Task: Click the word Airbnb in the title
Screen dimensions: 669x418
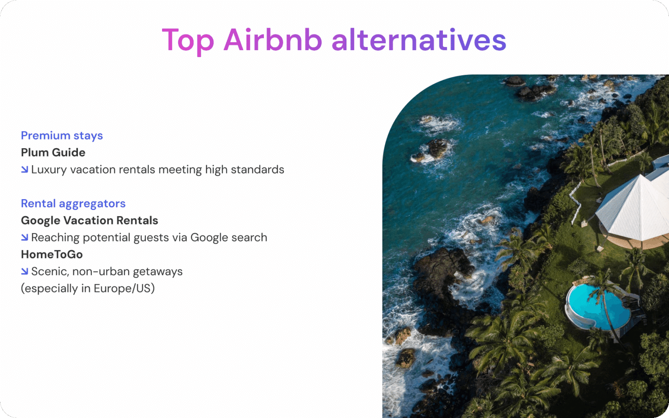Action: [x=273, y=40]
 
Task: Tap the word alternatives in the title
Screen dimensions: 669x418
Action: [x=419, y=40]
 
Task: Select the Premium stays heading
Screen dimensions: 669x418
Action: [x=62, y=136]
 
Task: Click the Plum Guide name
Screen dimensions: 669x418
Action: [x=53, y=153]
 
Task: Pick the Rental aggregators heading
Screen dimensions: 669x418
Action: [x=73, y=204]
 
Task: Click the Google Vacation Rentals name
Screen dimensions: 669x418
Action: [x=90, y=221]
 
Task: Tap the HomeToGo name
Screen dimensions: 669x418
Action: [x=52, y=255]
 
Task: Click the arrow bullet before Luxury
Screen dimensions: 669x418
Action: [x=24, y=170]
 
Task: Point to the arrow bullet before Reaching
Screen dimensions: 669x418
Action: [x=24, y=237]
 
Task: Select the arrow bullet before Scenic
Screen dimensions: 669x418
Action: [x=24, y=271]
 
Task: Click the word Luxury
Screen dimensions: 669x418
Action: [x=49, y=170]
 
